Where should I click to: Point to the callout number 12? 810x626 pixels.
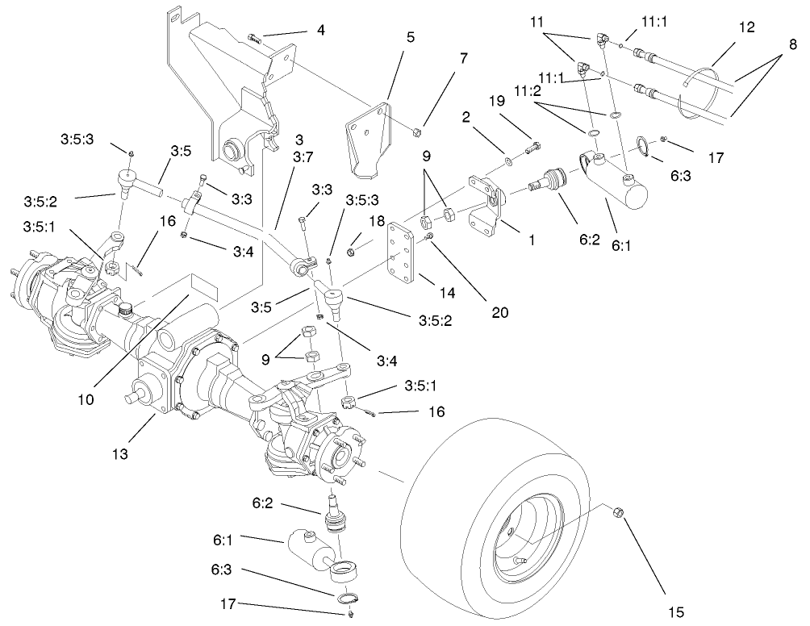pos(745,27)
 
